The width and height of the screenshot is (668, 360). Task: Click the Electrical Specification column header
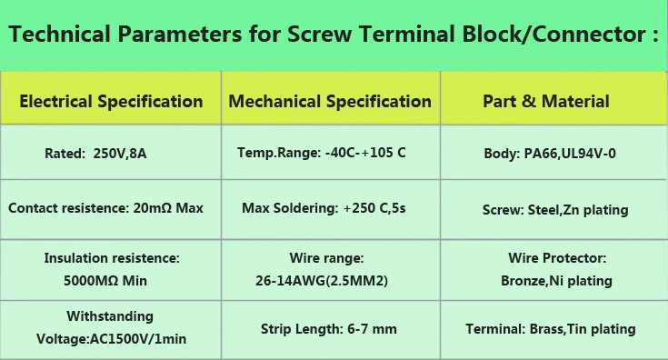tap(111, 102)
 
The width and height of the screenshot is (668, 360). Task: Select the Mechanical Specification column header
tap(330, 102)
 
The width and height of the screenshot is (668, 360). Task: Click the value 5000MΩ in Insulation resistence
tap(91, 281)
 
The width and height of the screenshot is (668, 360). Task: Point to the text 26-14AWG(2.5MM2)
tap(322, 281)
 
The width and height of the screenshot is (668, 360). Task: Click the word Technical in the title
tap(60, 34)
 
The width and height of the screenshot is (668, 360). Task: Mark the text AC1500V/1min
tap(138, 339)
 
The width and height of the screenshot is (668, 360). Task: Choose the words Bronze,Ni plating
tap(556, 281)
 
